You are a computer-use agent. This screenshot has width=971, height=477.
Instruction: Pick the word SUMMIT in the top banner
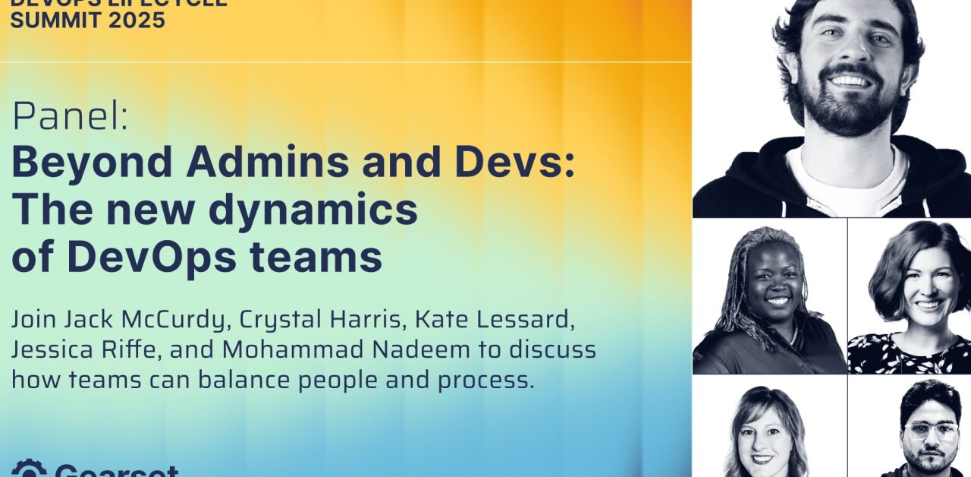49,20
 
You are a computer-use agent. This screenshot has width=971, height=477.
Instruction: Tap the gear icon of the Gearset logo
29,469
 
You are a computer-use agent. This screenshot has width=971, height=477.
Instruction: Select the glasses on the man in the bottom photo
930,431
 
